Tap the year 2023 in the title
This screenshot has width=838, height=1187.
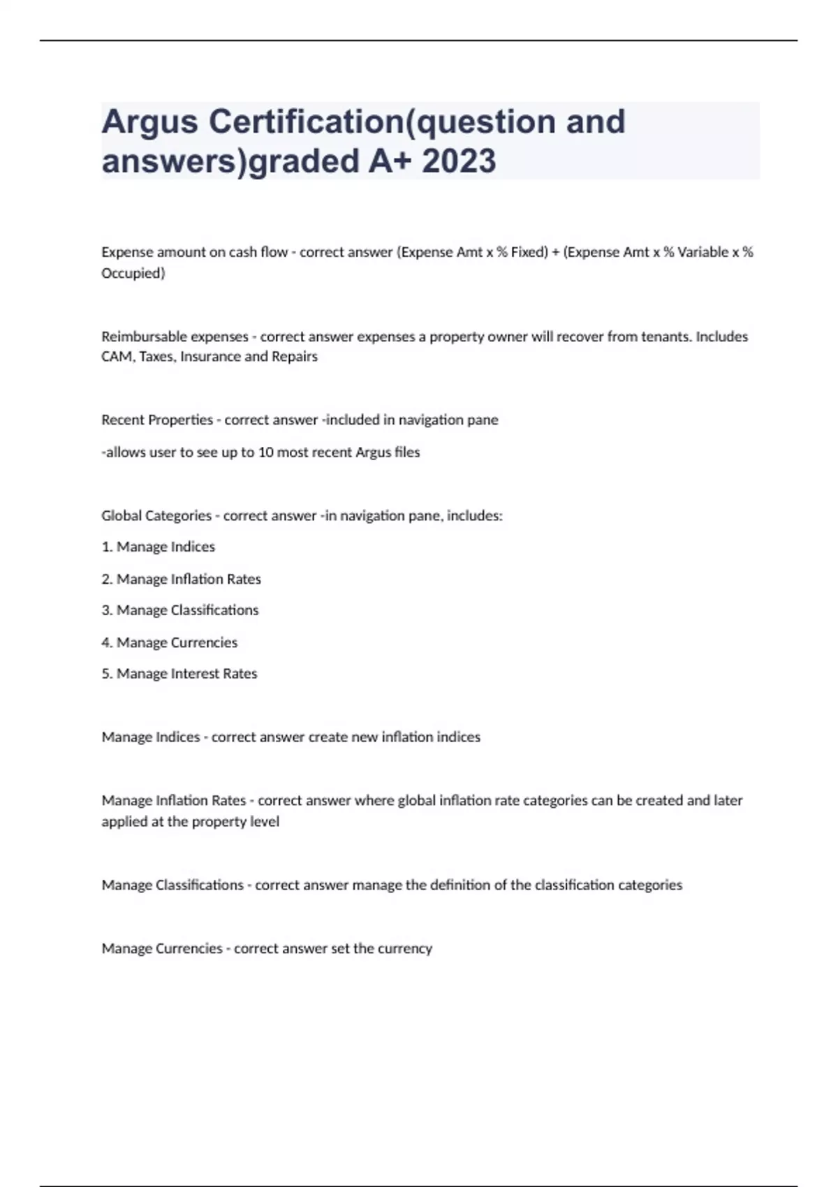(459, 161)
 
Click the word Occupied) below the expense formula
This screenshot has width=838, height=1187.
(133, 273)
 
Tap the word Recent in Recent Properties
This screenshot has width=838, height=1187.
(122, 420)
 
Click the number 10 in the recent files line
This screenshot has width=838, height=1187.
(265, 452)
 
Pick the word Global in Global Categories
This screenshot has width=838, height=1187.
(121, 516)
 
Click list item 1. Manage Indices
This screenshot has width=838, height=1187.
(159, 547)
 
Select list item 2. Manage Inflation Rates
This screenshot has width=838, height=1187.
(182, 579)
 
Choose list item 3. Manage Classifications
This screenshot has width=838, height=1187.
(180, 610)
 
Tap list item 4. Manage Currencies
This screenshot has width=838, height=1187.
(170, 642)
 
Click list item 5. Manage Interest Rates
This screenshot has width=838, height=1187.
(179, 674)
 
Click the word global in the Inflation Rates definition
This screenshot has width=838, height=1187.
(416, 801)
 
